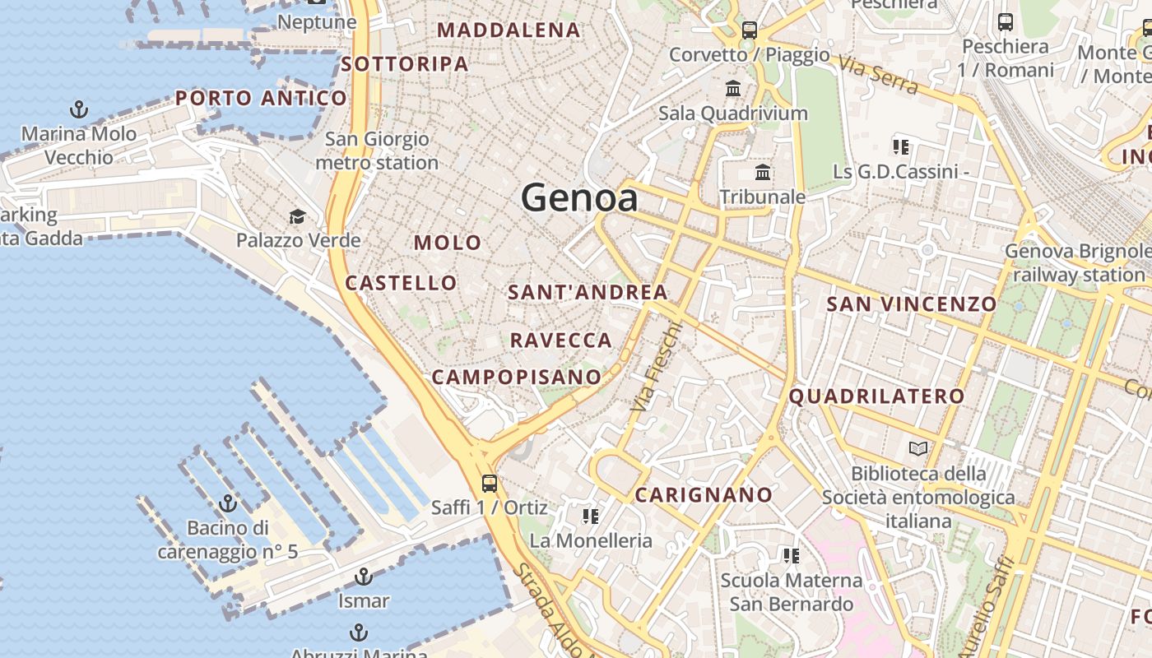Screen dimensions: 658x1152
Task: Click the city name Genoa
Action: pos(579,198)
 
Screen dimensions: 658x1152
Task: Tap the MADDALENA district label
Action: pos(509,30)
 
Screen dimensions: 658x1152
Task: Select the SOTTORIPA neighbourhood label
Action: pos(405,64)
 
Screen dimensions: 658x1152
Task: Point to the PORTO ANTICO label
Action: pos(261,99)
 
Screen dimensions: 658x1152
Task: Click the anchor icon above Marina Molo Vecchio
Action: pos(79,109)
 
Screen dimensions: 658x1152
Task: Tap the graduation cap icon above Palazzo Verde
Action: pos(297,217)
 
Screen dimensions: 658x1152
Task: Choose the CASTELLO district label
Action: pos(401,283)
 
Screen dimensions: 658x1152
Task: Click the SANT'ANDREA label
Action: pos(588,292)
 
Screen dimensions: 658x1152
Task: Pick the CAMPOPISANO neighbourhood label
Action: pos(517,377)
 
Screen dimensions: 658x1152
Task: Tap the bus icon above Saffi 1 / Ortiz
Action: pos(490,483)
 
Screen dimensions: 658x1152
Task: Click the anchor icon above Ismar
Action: pos(363,577)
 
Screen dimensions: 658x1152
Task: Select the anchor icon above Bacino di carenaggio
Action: pos(228,503)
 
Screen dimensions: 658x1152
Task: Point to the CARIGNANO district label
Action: pos(704,494)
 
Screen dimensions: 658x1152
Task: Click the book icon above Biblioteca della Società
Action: pos(918,449)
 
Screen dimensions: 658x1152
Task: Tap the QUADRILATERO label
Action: pos(876,396)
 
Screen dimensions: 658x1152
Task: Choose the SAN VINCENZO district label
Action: pos(911,304)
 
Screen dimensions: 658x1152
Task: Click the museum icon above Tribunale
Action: pos(763,174)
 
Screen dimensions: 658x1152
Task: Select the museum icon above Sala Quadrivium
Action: pos(732,88)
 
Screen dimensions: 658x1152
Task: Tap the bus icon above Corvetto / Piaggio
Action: pos(749,31)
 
